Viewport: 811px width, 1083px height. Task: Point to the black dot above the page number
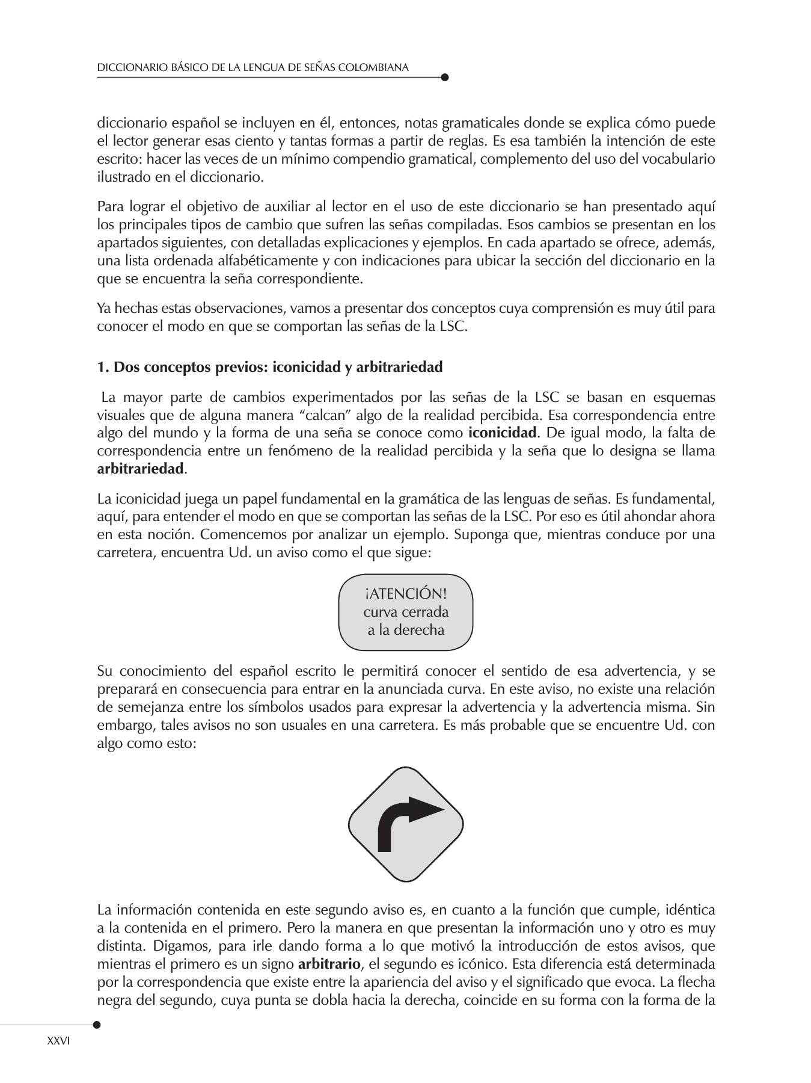click(x=97, y=1024)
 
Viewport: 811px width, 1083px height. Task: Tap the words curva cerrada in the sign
click(x=406, y=612)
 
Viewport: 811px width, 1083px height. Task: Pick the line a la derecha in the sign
click(x=406, y=631)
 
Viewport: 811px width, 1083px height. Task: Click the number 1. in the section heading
click(x=103, y=367)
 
